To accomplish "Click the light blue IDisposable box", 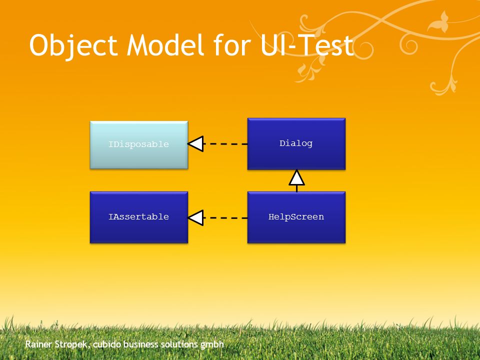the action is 139,145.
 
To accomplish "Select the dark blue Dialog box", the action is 296,144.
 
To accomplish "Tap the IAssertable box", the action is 139,217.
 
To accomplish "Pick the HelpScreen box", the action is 296,217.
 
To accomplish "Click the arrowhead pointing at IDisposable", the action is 195,144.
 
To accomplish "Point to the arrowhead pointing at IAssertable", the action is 195,218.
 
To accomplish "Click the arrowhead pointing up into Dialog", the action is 296,178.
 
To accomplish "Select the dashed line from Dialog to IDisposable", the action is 225,144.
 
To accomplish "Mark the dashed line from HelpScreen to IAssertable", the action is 225,218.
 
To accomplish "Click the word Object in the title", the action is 73,46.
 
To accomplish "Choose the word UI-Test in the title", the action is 307,45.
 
